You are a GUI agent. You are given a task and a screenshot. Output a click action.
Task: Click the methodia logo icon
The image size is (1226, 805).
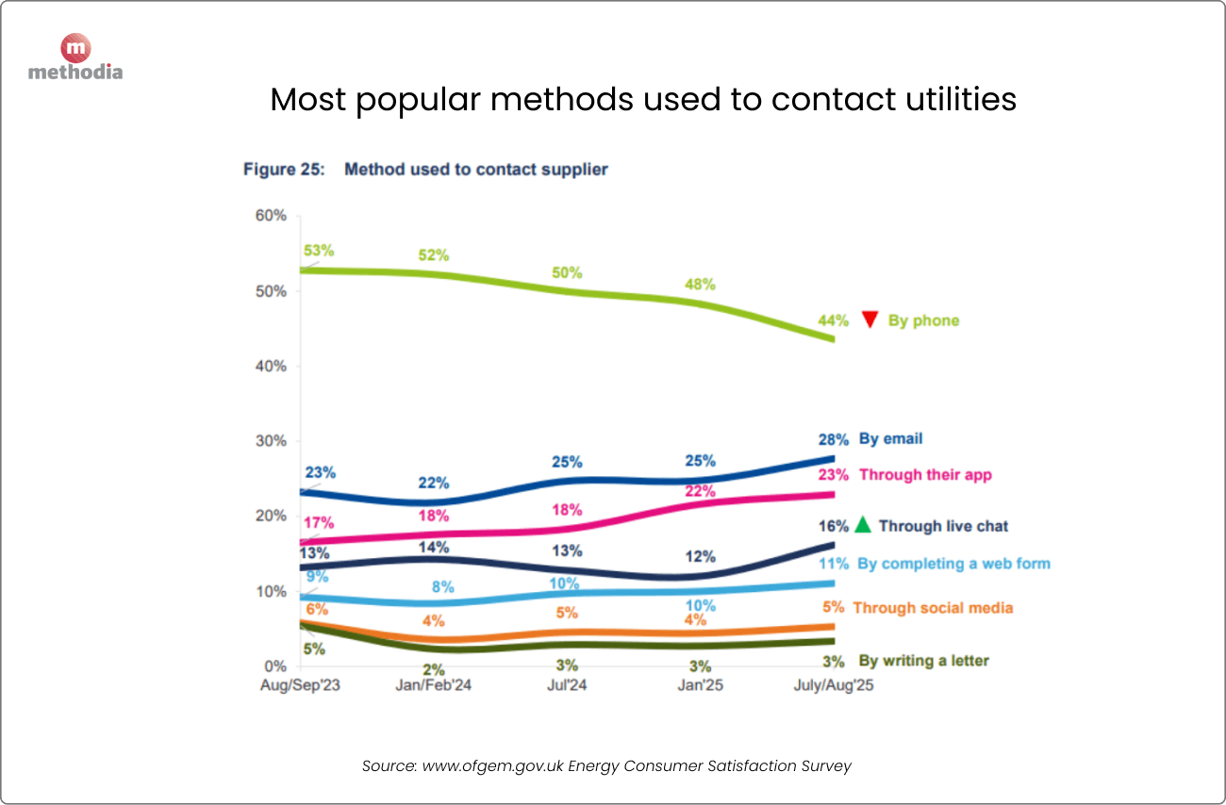click(75, 47)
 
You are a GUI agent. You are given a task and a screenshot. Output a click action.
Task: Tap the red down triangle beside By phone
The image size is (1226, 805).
click(870, 320)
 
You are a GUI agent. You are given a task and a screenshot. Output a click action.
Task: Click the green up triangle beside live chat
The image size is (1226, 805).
click(862, 525)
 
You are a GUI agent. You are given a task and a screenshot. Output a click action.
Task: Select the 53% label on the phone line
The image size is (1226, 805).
click(319, 251)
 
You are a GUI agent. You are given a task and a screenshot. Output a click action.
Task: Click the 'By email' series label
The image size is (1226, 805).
click(890, 438)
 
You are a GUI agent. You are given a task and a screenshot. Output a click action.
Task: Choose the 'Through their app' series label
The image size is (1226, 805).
click(925, 474)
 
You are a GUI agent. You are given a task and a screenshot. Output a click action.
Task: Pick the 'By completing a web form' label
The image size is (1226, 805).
click(953, 564)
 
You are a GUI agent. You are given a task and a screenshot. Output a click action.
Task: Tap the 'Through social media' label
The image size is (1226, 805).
click(933, 608)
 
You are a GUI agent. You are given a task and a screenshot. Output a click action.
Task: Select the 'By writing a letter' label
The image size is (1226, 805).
click(923, 661)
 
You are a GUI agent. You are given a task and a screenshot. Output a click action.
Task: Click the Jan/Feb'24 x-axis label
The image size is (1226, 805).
click(432, 685)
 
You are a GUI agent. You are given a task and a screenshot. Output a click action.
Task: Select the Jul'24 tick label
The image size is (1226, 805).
click(566, 685)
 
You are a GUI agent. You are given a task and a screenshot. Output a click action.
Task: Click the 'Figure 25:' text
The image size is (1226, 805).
click(284, 170)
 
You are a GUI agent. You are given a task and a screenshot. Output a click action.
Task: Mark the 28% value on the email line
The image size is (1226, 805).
click(834, 439)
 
